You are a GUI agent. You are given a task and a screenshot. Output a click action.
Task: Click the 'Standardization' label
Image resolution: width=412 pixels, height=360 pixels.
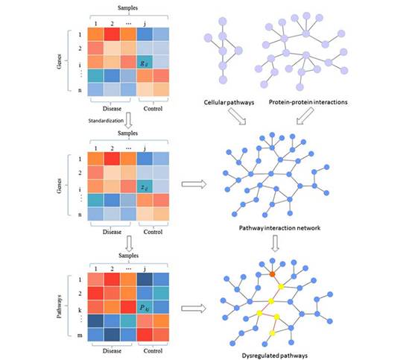pyautogui.click(x=106, y=121)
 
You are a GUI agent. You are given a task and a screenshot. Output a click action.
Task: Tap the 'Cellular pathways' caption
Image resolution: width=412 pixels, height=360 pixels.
pyautogui.click(x=229, y=102)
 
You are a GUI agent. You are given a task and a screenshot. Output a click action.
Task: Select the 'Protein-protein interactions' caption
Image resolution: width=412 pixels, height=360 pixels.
pyautogui.click(x=308, y=102)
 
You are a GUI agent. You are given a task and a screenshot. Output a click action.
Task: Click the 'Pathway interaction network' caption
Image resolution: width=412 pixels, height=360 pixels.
pyautogui.click(x=279, y=228)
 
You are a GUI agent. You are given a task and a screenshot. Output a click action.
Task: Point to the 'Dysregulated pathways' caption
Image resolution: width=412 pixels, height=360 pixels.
pyautogui.click(x=275, y=356)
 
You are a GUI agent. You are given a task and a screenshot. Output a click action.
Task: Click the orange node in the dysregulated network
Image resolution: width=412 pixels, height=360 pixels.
pyautogui.click(x=273, y=274)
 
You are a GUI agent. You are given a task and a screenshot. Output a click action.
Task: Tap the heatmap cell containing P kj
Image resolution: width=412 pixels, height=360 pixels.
pyautogui.click(x=145, y=307)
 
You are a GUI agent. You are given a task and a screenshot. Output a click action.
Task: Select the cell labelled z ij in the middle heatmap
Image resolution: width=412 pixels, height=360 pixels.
pyautogui.click(x=145, y=186)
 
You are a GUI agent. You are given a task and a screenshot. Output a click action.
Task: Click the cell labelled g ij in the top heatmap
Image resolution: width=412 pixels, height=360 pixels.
pyautogui.click(x=145, y=63)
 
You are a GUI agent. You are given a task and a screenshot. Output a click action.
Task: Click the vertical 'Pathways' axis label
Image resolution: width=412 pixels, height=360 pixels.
pyautogui.click(x=60, y=306)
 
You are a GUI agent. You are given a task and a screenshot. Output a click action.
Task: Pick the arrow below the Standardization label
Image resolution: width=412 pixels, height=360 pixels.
pyautogui.click(x=128, y=120)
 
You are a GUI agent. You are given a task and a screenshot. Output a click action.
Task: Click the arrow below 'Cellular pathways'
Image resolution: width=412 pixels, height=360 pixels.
pyautogui.click(x=237, y=116)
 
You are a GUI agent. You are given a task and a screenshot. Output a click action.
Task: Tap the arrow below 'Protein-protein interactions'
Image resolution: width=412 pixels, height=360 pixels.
pyautogui.click(x=305, y=116)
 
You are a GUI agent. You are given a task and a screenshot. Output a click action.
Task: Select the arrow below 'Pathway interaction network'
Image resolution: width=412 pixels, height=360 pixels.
pyautogui.click(x=275, y=244)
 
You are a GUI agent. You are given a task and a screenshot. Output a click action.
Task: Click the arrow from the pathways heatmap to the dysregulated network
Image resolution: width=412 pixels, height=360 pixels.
pyautogui.click(x=194, y=309)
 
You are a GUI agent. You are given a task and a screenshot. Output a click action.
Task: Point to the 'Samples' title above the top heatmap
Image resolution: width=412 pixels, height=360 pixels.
pyautogui.click(x=127, y=8)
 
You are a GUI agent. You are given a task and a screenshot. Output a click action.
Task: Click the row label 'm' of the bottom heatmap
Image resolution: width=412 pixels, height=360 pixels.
pyautogui.click(x=80, y=335)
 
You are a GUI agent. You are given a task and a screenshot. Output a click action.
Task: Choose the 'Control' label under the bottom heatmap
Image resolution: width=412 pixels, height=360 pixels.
pyautogui.click(x=153, y=351)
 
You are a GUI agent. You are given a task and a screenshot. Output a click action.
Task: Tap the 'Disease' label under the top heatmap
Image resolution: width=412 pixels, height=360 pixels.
pyautogui.click(x=112, y=109)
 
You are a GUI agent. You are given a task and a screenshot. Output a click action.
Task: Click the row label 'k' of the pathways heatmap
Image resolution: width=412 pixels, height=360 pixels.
pyautogui.click(x=80, y=310)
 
